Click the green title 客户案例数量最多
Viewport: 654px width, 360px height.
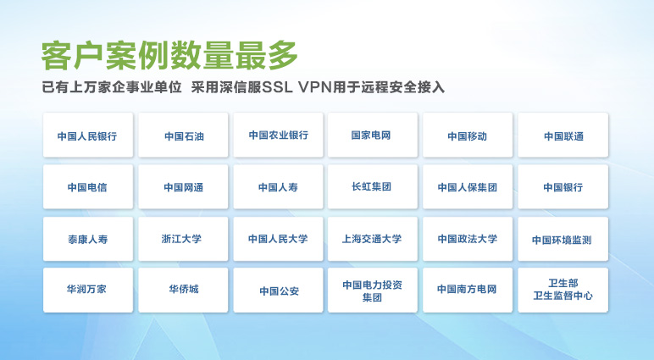[169, 55]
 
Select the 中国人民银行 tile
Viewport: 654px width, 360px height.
[88, 136]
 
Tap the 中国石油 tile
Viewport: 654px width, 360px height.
[183, 136]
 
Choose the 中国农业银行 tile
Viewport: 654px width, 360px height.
[278, 136]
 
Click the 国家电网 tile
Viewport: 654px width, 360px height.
[373, 136]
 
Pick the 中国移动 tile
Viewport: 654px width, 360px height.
[468, 136]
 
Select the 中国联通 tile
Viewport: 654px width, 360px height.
[563, 136]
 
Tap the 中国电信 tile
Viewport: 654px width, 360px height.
[88, 187]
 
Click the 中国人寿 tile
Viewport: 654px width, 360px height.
[278, 187]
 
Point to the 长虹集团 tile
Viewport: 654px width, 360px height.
[373, 187]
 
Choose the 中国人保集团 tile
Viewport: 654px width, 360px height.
[468, 187]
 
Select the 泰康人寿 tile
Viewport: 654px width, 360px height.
[88, 239]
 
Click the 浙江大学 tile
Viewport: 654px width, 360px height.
[183, 239]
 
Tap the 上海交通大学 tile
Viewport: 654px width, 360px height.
[373, 239]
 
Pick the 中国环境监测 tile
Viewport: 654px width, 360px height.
[563, 239]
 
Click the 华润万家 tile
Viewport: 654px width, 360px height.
[88, 291]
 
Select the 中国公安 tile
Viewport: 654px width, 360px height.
[278, 291]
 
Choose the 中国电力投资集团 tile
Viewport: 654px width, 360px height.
[373, 291]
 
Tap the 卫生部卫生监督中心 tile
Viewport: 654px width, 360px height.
[563, 291]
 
